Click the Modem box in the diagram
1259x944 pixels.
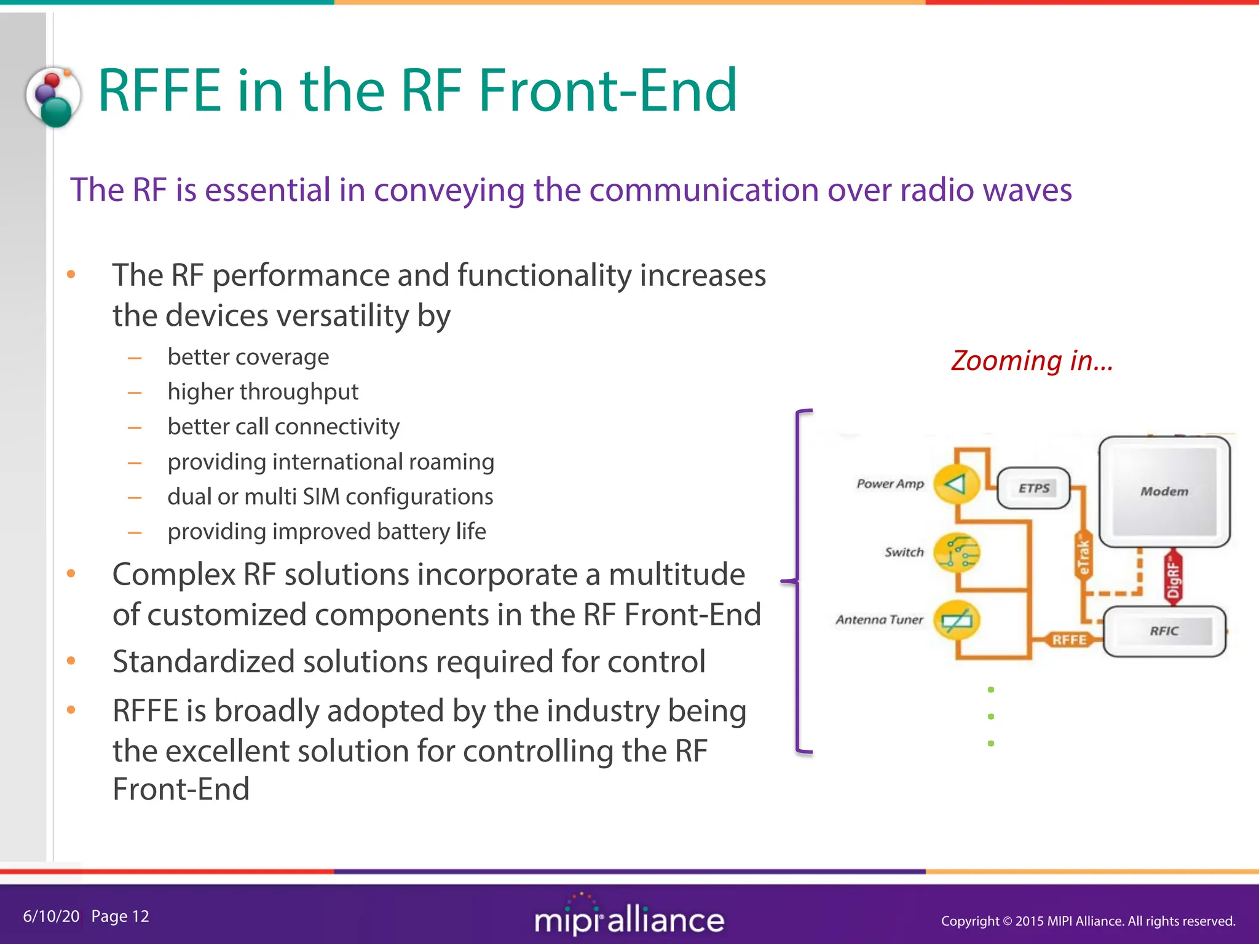pos(1164,491)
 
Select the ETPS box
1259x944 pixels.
pos(1033,488)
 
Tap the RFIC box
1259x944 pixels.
pos(1164,631)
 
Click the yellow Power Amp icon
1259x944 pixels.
pos(956,484)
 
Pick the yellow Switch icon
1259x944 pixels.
pos(956,552)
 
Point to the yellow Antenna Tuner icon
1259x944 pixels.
pos(956,619)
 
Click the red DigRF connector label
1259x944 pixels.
pos(1173,576)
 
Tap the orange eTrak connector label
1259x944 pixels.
pos(1083,556)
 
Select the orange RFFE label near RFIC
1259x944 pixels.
pos(1069,640)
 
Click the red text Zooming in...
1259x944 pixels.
pos(1032,361)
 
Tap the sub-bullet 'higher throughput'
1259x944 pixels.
pos(262,391)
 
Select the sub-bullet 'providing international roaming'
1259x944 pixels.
pos(331,462)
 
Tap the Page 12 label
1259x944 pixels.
pos(120,916)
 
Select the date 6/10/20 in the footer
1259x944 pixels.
pos(51,916)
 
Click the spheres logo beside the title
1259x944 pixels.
pos(54,97)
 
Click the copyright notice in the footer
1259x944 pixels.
pos(1087,921)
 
